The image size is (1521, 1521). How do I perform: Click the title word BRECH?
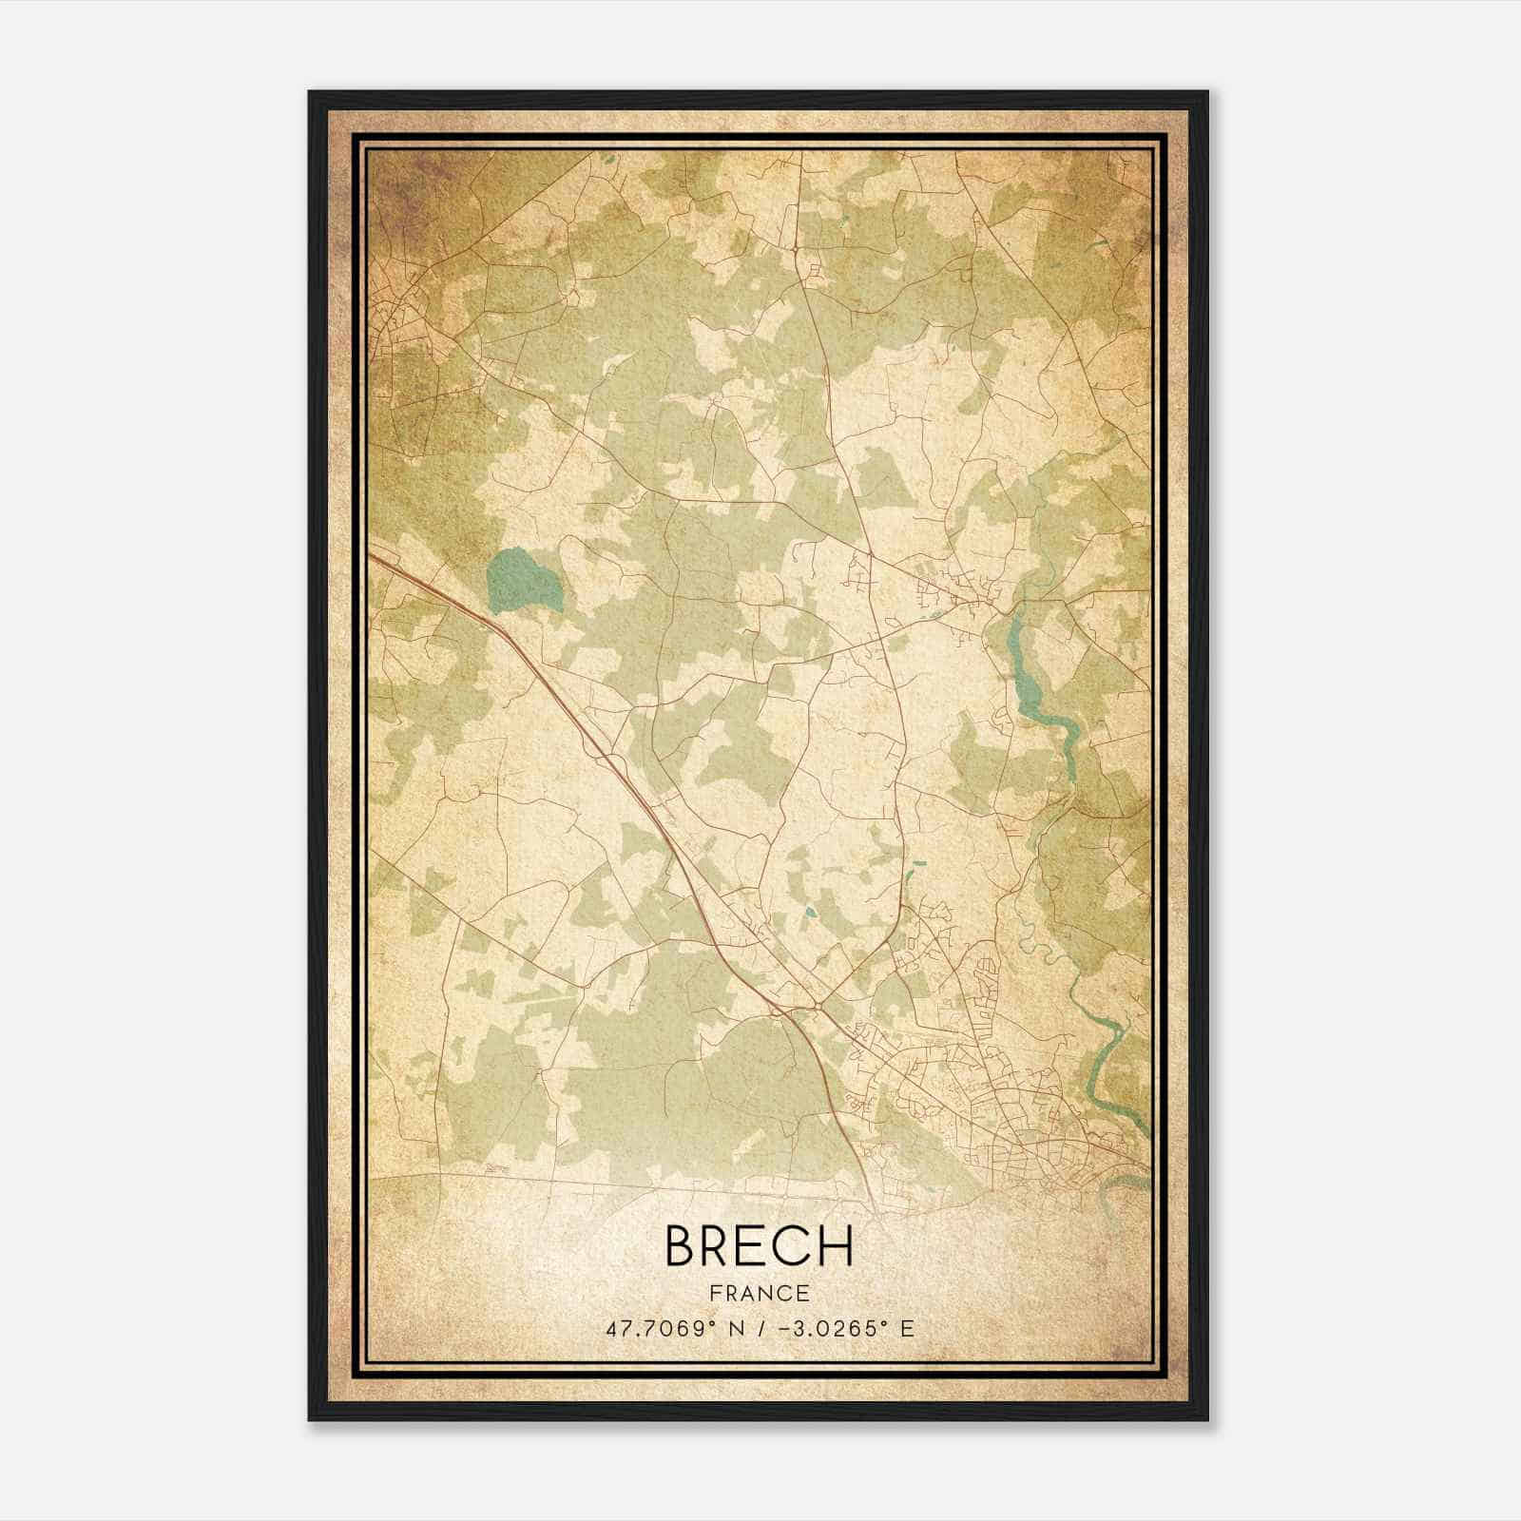(x=759, y=1245)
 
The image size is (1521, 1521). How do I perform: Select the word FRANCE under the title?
(x=759, y=1294)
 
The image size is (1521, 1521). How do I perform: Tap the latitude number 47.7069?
(x=655, y=1329)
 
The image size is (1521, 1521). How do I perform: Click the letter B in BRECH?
(x=683, y=1245)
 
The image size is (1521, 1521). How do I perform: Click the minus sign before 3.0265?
(x=786, y=1329)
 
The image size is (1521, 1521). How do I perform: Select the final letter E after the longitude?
(x=907, y=1329)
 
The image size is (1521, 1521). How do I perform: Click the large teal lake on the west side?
(x=522, y=581)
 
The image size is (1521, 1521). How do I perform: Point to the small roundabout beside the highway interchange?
(x=817, y=1003)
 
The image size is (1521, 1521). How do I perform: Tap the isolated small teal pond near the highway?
(x=809, y=913)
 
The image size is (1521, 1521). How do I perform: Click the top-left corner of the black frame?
(x=310, y=93)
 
